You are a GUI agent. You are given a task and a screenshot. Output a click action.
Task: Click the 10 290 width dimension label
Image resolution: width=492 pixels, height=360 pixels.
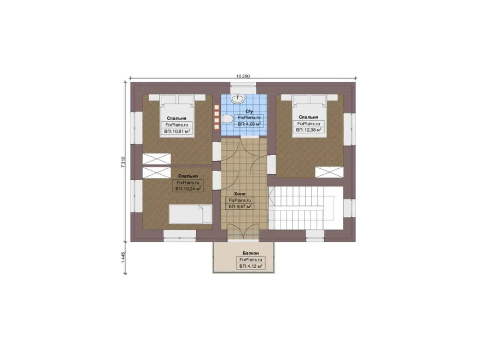pos(243,76)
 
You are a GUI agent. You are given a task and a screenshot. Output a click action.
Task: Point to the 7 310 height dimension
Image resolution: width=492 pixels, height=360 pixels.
pos(124,162)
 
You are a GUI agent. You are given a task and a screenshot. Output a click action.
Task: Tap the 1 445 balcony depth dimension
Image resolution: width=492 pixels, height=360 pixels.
pos(124,257)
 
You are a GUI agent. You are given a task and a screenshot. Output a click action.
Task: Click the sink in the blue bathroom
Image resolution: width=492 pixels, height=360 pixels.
pos(238,99)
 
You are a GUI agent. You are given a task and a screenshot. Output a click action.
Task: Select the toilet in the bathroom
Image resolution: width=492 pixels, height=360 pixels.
pos(227,119)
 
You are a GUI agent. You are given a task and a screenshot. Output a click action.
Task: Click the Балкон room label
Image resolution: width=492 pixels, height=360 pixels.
pos(250,253)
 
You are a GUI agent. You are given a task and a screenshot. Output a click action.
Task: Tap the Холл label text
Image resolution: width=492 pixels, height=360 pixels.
pos(240,194)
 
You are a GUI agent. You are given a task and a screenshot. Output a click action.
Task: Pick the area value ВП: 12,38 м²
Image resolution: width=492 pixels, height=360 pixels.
pos(309,130)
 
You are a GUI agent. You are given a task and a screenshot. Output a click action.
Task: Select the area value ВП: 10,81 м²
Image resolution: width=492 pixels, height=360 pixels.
pos(177,132)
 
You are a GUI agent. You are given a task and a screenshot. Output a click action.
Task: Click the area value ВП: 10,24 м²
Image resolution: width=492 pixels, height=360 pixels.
pos(188,189)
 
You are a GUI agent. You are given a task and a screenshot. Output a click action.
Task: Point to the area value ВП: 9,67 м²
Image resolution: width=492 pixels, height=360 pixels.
pos(240,206)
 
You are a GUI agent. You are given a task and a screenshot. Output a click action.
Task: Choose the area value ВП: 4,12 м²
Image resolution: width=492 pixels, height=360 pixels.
pos(251,266)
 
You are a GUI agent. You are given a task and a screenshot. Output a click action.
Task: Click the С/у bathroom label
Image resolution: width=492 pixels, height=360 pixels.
pos(249,111)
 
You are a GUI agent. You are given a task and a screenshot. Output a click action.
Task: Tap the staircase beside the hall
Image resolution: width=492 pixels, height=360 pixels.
pos(305,208)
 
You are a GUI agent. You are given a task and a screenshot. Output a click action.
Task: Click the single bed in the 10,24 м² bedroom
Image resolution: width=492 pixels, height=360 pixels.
pos(190,214)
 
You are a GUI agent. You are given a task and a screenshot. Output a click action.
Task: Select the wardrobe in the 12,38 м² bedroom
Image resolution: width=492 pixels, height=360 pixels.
pos(330,172)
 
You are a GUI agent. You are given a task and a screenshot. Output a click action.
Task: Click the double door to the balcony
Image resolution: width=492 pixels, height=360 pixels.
pos(243,232)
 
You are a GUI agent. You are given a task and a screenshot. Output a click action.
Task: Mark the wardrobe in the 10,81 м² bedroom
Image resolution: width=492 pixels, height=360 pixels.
pos(156,158)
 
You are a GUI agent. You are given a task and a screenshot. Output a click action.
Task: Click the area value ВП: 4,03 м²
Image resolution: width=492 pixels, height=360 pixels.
pos(249,124)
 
